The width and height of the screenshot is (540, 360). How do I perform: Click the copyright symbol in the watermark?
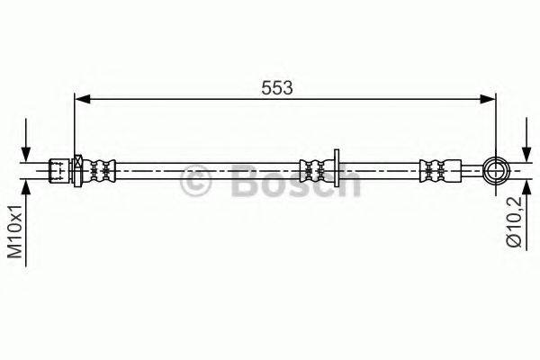point(195,183)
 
